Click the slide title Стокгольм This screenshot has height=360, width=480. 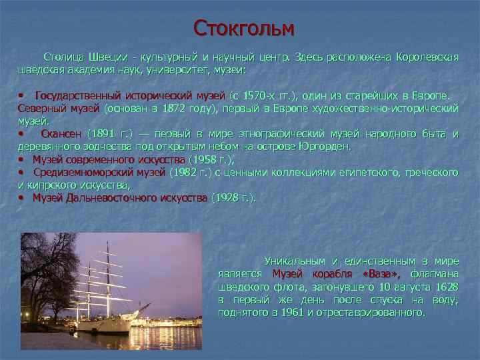click(x=243, y=28)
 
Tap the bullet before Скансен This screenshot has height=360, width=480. click(x=21, y=134)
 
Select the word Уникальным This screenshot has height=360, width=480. click(x=295, y=261)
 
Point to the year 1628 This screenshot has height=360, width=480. click(x=447, y=287)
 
